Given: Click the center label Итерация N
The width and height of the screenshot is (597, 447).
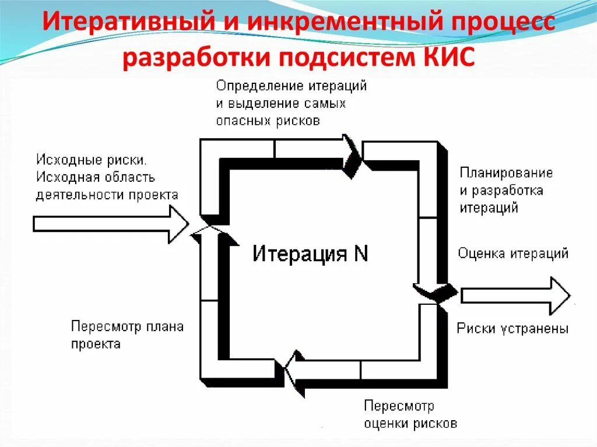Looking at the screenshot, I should click(x=310, y=254).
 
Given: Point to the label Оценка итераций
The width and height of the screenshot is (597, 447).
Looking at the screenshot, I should click(x=513, y=254).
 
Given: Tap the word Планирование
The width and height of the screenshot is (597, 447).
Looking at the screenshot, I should click(x=506, y=173).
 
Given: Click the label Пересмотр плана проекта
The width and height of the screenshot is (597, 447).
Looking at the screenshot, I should click(x=127, y=335).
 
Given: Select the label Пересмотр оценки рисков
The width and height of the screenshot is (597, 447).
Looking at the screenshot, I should click(x=410, y=414).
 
